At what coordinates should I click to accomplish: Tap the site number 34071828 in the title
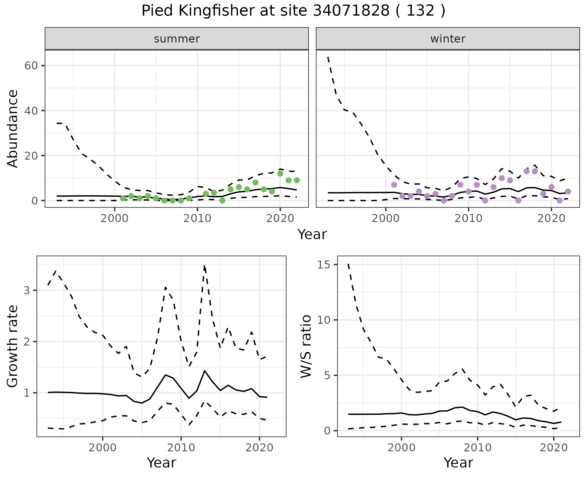coord(351,11)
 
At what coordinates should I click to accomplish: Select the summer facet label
coord(177,39)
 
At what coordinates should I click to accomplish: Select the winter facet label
coord(448,39)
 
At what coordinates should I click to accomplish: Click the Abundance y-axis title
coord(13,128)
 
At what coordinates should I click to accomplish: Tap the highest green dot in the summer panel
coord(280,173)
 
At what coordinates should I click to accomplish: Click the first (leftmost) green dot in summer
coord(123,198)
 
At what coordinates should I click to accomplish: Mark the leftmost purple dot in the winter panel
coord(394,185)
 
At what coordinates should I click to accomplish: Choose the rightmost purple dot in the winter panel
coord(568,191)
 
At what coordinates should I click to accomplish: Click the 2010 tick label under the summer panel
coord(197,219)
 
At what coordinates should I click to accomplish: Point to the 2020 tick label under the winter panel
coord(551,219)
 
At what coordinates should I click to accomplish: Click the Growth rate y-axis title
coord(13,346)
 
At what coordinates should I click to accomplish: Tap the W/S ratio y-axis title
coord(306,346)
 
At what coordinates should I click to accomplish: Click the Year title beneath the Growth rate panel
coord(161,463)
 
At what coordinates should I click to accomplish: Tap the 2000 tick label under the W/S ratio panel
coord(401,448)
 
